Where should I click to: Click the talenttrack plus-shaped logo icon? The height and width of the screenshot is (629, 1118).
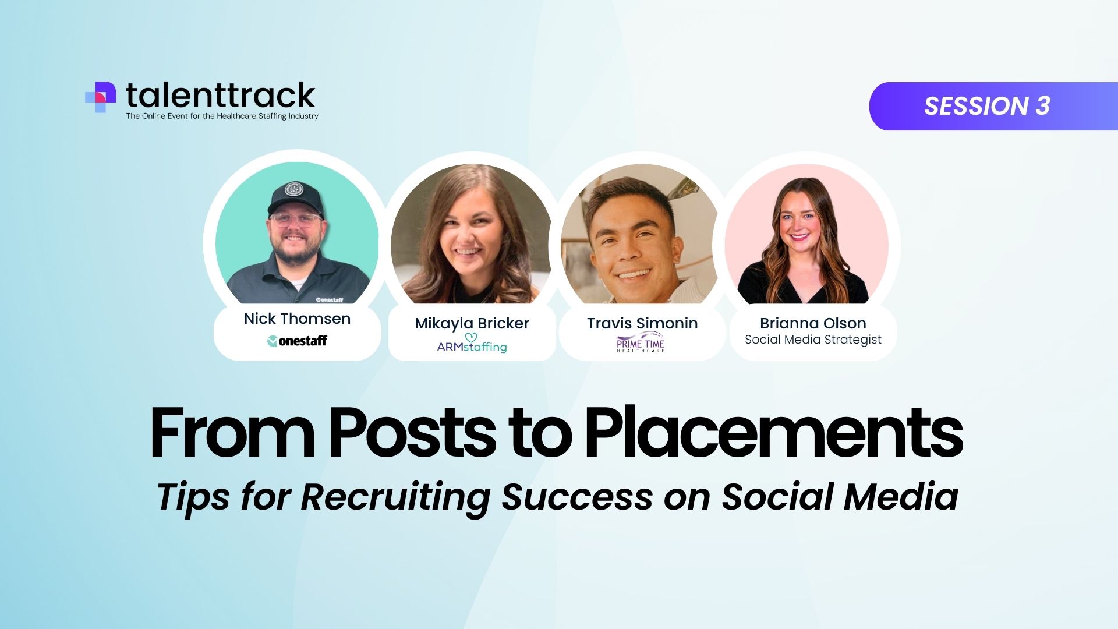pyautogui.click(x=101, y=97)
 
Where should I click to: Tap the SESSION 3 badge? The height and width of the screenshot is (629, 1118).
pyautogui.click(x=993, y=106)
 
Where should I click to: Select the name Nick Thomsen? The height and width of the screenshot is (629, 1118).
pyautogui.click(x=297, y=319)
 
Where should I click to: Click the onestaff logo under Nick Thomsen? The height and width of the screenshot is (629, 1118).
pyautogui.click(x=297, y=341)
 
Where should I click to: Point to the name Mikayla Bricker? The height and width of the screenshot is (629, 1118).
pyautogui.click(x=472, y=323)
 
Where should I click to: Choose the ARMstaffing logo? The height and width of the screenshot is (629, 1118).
pyautogui.click(x=472, y=344)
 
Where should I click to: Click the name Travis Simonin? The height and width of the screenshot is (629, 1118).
pyautogui.click(x=642, y=323)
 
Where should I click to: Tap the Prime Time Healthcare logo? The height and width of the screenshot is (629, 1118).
pyautogui.click(x=641, y=342)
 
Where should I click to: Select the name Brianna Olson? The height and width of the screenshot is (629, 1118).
pyautogui.click(x=813, y=323)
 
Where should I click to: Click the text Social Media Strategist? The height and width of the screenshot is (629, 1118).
pyautogui.click(x=813, y=340)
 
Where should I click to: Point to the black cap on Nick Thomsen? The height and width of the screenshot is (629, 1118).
pyautogui.click(x=295, y=198)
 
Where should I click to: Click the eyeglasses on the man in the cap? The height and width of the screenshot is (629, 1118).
pyautogui.click(x=295, y=220)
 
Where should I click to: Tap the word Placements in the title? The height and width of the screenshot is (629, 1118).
pyautogui.click(x=773, y=432)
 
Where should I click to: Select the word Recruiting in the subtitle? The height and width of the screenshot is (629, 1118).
pyautogui.click(x=395, y=498)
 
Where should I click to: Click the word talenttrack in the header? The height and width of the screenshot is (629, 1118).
pyautogui.click(x=221, y=96)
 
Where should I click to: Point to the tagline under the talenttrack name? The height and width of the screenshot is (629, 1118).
pyautogui.click(x=222, y=116)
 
